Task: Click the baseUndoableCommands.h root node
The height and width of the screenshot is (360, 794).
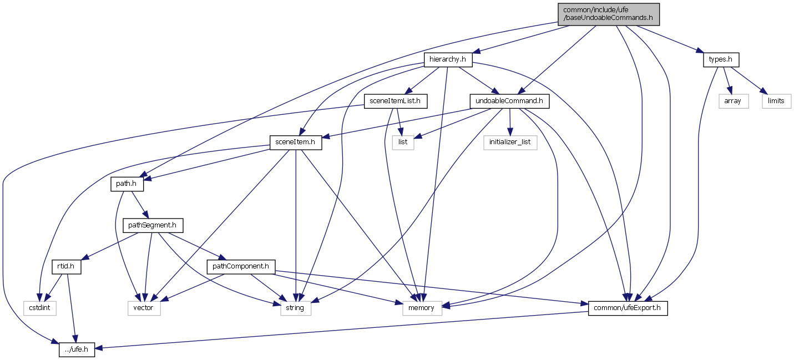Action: [609, 14]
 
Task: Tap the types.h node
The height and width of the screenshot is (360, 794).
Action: [721, 59]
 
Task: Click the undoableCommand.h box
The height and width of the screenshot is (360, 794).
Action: [509, 101]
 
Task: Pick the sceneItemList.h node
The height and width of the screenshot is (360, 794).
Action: [395, 101]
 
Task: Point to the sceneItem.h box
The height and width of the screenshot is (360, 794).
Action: [295, 142]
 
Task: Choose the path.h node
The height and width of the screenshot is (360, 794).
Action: [123, 184]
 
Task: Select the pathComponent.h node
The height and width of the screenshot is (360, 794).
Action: [241, 267]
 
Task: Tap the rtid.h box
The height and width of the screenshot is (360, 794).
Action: [67, 267]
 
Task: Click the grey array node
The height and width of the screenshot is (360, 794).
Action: [732, 101]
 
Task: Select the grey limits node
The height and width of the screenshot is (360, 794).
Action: [776, 101]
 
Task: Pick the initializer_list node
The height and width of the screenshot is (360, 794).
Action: [509, 142]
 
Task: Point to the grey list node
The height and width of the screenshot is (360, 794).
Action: [403, 142]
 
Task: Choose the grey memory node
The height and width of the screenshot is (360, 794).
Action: [421, 308]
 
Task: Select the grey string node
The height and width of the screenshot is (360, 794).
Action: [295, 308]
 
